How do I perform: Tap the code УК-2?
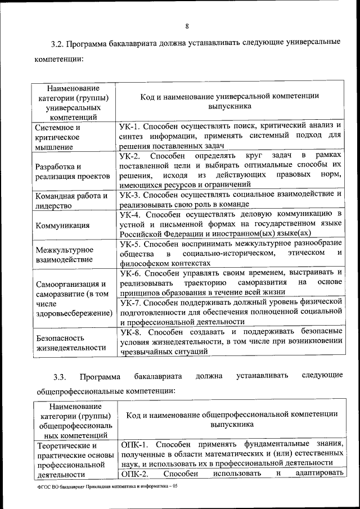pyautogui.click(x=132, y=155)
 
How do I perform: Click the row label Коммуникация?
pyautogui.click(x=62, y=226)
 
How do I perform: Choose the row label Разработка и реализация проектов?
pyautogui.click(x=72, y=171)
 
